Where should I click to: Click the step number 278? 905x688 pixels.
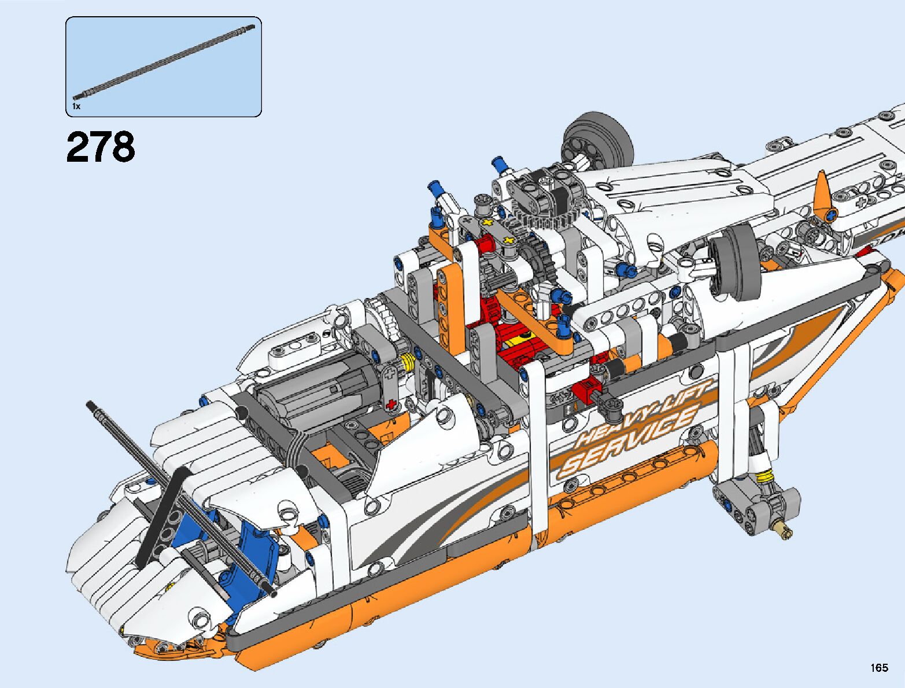point(101,147)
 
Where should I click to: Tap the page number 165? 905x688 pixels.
point(879,667)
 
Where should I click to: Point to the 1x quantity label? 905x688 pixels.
point(76,106)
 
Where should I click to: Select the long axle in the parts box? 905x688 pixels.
point(164,62)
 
